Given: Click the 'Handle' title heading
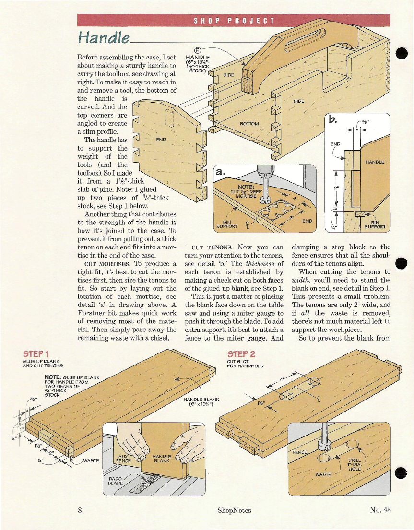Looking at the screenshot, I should [x=104, y=36].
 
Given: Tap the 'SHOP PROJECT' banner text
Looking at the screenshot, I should [x=234, y=21].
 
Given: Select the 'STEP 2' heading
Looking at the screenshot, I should [x=241, y=354].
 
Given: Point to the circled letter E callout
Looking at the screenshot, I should [x=197, y=51].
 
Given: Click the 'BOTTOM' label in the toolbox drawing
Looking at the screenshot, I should [x=249, y=123].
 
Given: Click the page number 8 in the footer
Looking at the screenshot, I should [x=80, y=510].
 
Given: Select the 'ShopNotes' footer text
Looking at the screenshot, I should [x=234, y=510].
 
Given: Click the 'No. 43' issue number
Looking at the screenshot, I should [x=380, y=509].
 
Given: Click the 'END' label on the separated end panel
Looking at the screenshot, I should [x=161, y=140].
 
